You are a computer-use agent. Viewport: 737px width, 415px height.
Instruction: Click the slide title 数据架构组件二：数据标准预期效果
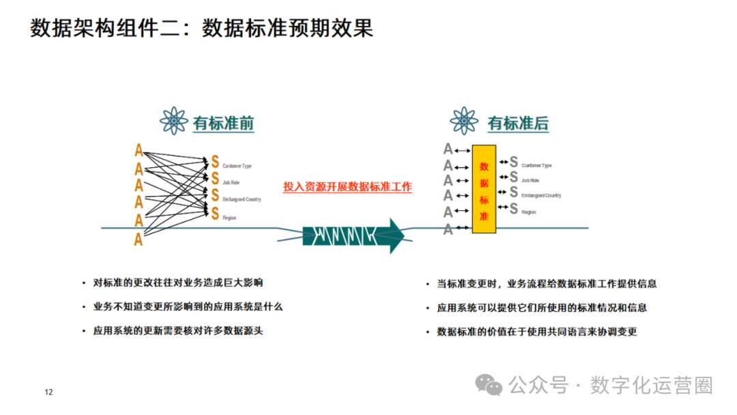tap(202, 29)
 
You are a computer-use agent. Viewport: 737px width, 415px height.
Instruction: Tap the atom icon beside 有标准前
tap(174, 121)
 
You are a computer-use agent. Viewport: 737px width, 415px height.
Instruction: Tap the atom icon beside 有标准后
tap(464, 121)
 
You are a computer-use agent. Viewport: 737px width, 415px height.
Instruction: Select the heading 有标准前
tap(223, 124)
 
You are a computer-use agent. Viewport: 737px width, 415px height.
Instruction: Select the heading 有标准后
tap(517, 124)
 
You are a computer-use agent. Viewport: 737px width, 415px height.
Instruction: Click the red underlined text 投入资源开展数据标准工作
tap(347, 186)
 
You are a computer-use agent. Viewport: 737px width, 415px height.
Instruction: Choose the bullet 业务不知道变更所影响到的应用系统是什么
tap(188, 306)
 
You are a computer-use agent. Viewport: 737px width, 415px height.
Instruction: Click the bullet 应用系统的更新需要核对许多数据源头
tap(177, 330)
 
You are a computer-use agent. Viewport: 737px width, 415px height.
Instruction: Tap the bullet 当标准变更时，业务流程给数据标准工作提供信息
tap(547, 283)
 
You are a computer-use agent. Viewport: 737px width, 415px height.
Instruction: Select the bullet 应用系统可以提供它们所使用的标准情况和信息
tap(542, 307)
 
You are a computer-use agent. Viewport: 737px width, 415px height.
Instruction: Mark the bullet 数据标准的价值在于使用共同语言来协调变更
tap(537, 331)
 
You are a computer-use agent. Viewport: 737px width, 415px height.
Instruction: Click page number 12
tap(48, 392)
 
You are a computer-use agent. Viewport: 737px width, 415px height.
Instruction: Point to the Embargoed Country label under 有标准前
tap(242, 199)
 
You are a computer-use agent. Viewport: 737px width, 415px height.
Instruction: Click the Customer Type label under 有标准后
tap(536, 165)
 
